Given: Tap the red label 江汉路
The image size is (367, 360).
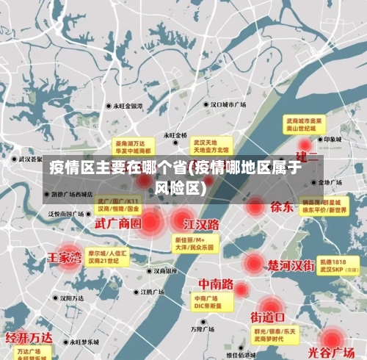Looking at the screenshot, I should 202,223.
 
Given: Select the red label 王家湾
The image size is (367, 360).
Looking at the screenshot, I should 65,258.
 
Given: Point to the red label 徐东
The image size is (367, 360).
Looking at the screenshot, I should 282,206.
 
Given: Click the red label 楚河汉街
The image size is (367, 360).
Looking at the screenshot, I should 291,264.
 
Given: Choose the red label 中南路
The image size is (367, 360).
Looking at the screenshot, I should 216,284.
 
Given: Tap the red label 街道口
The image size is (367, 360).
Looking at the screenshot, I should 267,317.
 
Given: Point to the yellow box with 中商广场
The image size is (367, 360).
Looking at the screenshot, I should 208,302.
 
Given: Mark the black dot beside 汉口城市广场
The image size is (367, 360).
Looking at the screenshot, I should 206,105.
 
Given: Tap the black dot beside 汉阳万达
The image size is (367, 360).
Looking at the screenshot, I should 57,298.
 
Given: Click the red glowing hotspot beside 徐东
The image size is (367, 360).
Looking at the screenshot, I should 255,207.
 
